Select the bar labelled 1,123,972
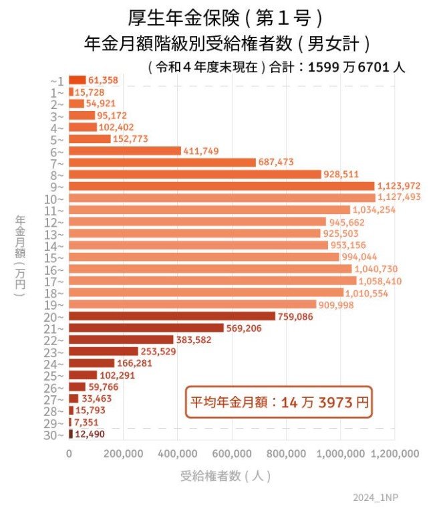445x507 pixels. (x=221, y=186)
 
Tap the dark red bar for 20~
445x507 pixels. (x=172, y=316)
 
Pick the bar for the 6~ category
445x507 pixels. (x=125, y=151)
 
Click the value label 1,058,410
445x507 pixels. (x=380, y=281)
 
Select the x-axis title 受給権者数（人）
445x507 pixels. (x=225, y=477)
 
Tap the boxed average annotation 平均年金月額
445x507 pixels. (x=278, y=404)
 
